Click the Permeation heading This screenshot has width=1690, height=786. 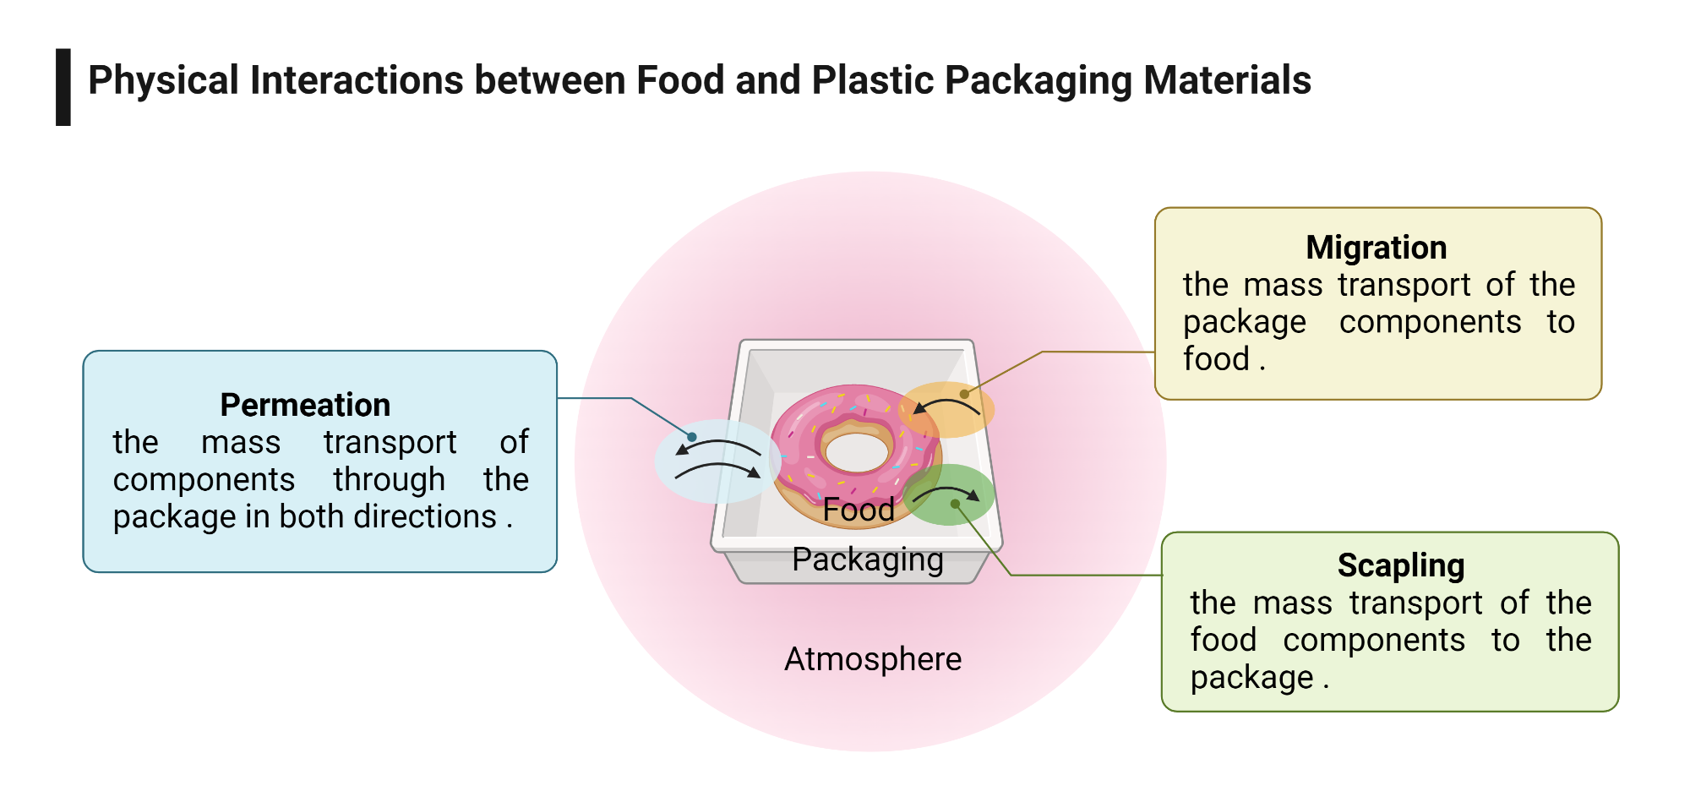(x=305, y=405)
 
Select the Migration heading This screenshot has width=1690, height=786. (x=1376, y=248)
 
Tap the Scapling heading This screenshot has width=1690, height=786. (x=1400, y=565)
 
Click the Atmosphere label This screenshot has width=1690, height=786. (x=872, y=659)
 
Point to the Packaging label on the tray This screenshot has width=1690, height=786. (x=867, y=559)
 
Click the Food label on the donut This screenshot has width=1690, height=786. (x=859, y=510)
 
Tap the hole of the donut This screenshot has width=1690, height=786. (x=856, y=451)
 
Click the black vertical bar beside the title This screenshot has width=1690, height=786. (x=63, y=87)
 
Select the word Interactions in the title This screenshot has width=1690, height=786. (x=356, y=81)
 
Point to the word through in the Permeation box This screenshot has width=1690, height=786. (x=389, y=480)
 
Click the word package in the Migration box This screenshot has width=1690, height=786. (x=1244, y=323)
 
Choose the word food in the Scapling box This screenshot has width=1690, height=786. (x=1223, y=640)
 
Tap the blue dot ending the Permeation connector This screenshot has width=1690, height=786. (x=692, y=437)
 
